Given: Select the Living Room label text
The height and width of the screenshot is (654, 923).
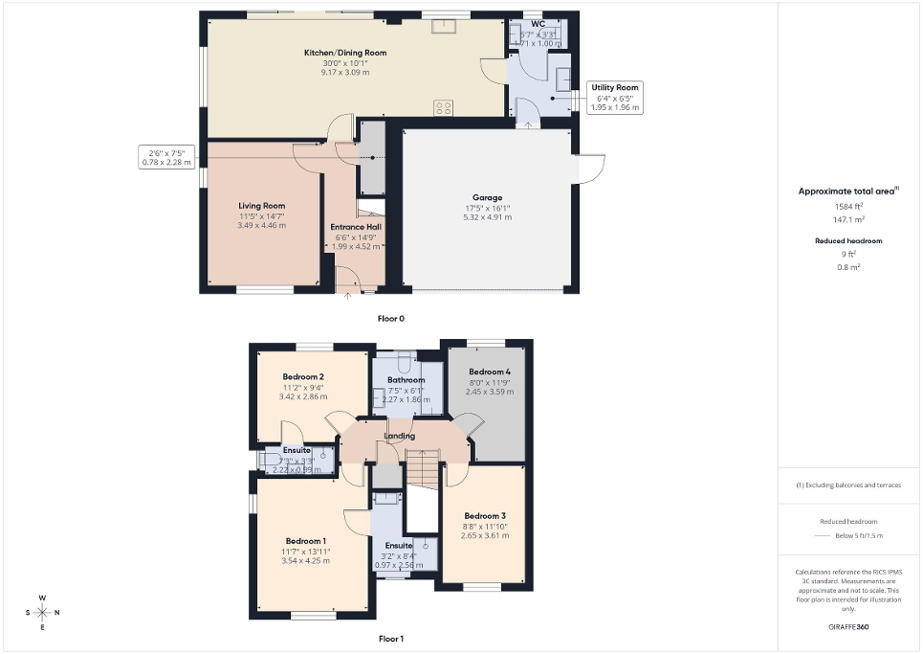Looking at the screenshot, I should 261,206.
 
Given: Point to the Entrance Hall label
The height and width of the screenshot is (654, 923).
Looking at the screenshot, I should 356,227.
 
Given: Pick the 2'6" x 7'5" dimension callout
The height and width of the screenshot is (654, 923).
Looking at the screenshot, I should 167,157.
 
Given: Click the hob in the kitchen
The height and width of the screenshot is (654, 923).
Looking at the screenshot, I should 444,107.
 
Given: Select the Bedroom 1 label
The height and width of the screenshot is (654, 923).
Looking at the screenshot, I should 304,541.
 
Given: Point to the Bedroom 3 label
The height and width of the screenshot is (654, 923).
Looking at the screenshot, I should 484,515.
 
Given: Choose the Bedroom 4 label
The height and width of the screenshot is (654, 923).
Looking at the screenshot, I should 489,372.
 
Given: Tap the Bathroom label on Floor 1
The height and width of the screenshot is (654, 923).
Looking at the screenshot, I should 406,380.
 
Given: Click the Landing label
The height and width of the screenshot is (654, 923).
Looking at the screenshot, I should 399,437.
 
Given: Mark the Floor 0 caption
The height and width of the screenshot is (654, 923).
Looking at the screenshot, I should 391,318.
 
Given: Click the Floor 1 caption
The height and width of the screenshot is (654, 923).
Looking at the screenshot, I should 391,638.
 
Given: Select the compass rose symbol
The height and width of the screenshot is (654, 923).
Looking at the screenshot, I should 43,612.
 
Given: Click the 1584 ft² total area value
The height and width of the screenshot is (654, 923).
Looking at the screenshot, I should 841,206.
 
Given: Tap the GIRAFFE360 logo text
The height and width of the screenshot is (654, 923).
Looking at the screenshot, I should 848,627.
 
